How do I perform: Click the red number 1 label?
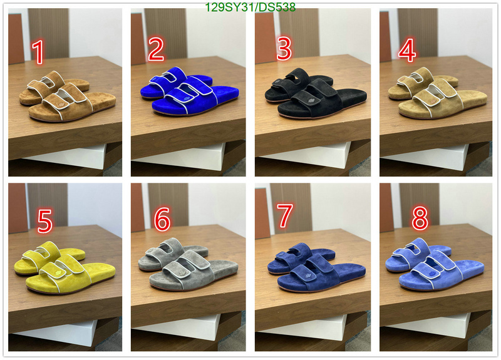pos(38,52)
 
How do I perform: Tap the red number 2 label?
pos(156,49)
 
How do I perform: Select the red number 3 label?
pos(284,48)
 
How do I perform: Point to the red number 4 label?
pos(407,50)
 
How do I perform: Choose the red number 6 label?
pos(162,219)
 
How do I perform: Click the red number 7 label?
pos(284,215)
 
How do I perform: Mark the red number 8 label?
pos(420,218)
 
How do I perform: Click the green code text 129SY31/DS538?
pos(250,7)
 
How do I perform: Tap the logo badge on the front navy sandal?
pos(308,275)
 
